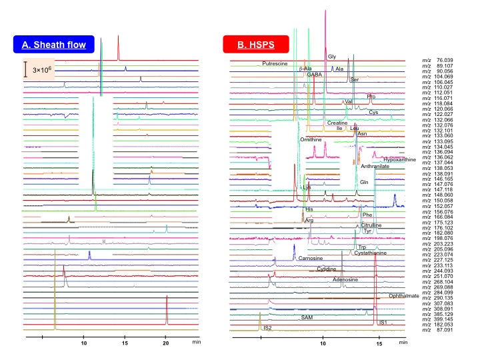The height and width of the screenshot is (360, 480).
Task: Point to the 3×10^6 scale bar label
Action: pyautogui.click(x=41, y=69)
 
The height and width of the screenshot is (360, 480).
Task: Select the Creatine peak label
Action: pyautogui.click(x=337, y=123)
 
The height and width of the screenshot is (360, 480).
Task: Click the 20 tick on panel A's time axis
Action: pyautogui.click(x=166, y=345)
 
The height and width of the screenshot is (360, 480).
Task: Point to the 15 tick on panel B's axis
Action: pyautogui.click(x=379, y=345)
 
